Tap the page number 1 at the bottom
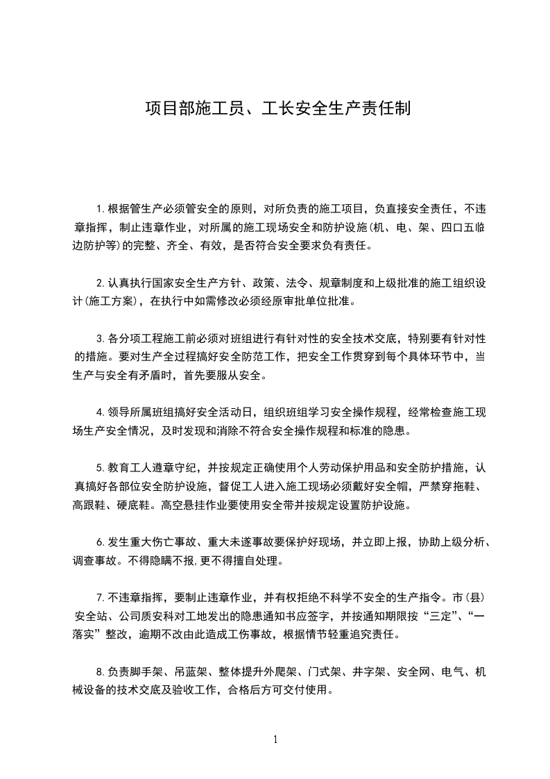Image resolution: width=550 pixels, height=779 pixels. pyautogui.click(x=275, y=739)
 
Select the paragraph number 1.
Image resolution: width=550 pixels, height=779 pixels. pyautogui.click(x=99, y=208)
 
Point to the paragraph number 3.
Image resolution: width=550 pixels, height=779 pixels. pyautogui.click(x=99, y=339)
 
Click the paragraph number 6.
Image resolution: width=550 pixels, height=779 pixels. pyautogui.click(x=99, y=542)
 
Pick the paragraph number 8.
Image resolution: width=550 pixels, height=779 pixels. pyautogui.click(x=99, y=672)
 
